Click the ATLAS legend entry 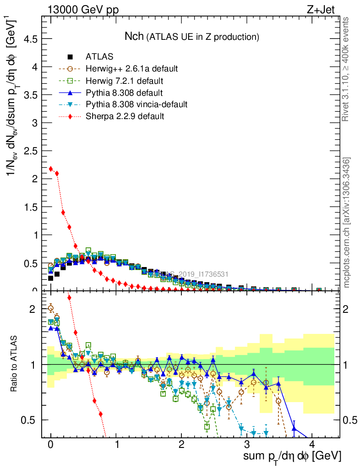click(x=99, y=57)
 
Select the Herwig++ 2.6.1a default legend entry click(x=131, y=69)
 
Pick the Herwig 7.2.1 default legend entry click(x=124, y=81)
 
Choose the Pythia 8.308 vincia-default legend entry click(x=136, y=104)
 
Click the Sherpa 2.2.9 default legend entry click(x=125, y=116)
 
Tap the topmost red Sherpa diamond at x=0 click(x=51, y=169)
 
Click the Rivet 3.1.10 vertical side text click(x=346, y=69)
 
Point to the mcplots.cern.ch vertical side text click(x=347, y=222)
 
